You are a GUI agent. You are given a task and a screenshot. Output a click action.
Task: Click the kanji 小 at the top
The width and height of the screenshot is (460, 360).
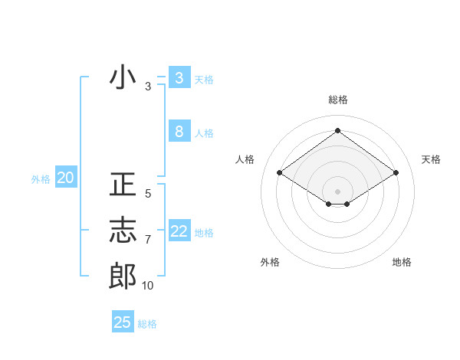(123, 78)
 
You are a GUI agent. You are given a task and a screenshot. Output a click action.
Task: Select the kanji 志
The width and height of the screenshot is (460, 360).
(123, 231)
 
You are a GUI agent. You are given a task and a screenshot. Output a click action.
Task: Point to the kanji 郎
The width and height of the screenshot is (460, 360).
(123, 276)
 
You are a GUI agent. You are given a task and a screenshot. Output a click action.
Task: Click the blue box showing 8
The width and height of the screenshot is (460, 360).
(179, 132)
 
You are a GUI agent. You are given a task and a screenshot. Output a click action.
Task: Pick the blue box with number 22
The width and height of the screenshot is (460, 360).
(179, 231)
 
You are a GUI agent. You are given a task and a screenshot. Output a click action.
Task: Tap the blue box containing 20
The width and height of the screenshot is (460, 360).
(65, 178)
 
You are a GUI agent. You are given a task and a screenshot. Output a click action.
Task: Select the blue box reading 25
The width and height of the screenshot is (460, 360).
(123, 322)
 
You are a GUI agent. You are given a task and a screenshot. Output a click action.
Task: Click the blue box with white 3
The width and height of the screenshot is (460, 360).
(179, 78)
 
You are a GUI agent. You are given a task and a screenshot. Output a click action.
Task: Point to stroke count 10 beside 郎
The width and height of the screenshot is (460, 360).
(148, 286)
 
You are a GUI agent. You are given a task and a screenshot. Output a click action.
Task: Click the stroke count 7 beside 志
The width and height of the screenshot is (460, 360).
(148, 240)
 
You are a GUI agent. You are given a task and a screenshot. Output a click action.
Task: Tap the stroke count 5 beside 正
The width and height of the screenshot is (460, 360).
(148, 194)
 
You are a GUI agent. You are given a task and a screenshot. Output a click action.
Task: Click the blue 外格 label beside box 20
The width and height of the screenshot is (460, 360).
(41, 179)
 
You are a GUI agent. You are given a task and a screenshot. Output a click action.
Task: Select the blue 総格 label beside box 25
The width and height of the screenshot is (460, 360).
(147, 324)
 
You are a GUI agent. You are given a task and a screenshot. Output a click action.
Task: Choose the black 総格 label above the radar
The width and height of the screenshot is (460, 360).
(337, 100)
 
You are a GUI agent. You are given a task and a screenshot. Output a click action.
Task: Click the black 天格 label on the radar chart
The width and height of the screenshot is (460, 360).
(431, 159)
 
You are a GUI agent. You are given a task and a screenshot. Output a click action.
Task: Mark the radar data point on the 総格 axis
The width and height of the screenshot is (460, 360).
(337, 131)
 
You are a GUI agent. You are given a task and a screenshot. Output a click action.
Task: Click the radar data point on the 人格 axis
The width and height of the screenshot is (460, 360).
(279, 173)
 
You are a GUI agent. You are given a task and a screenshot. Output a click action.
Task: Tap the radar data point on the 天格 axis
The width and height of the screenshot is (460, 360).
(396, 173)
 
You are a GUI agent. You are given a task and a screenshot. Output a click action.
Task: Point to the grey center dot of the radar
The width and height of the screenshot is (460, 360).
(337, 191)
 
